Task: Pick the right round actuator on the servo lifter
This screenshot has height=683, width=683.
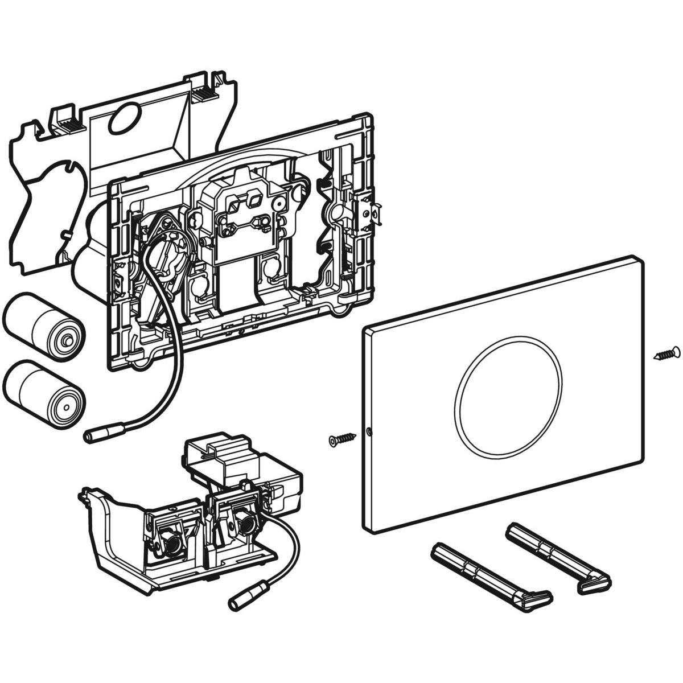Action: [x=246, y=515]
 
